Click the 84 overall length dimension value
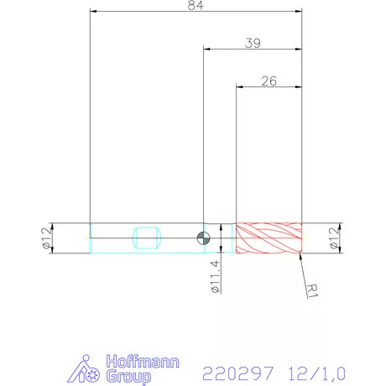(x=196, y=5)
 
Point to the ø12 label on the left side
(x=46, y=238)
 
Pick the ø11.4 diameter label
(x=216, y=276)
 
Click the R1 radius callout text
(x=312, y=290)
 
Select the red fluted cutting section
(x=269, y=238)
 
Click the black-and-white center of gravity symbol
(x=203, y=237)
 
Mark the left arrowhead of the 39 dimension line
(x=208, y=49)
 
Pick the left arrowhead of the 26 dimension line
(x=241, y=86)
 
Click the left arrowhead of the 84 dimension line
(x=94, y=12)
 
